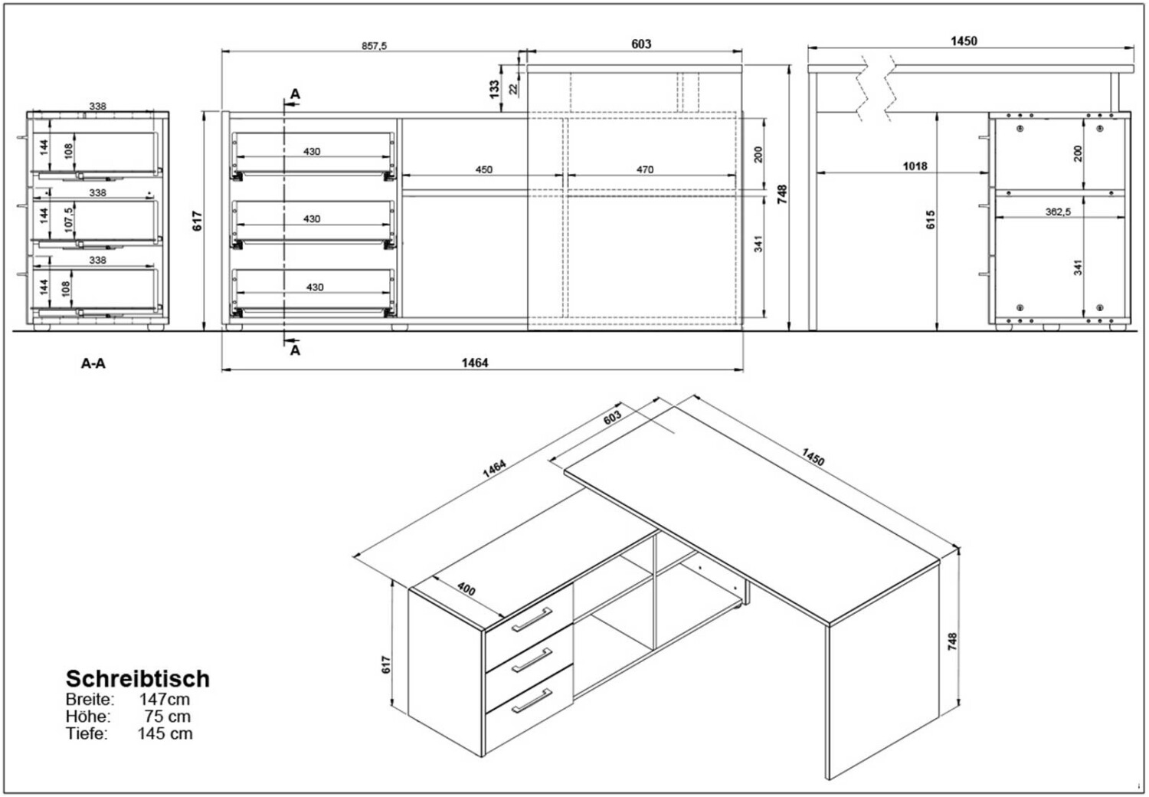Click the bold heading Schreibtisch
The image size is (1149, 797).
tap(137, 678)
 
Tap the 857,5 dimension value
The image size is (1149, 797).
tap(375, 46)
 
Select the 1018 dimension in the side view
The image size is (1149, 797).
tap(915, 166)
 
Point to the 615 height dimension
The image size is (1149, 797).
tap(931, 220)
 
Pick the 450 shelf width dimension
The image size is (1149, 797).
tap(483, 169)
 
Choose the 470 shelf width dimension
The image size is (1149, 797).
tap(645, 169)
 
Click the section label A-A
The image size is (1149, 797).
tap(93, 363)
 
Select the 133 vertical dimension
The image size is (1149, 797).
tap(494, 87)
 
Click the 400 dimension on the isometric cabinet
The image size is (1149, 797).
tap(466, 589)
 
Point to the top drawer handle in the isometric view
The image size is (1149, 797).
tap(532, 620)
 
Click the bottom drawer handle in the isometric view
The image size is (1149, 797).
tap(532, 699)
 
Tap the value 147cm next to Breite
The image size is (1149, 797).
tap(164, 699)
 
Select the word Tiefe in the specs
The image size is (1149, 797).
tap(87, 733)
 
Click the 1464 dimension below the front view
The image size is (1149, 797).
tap(474, 362)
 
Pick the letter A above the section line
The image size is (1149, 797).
tap(295, 94)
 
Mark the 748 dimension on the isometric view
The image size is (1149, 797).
tap(952, 641)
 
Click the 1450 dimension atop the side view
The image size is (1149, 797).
tap(964, 41)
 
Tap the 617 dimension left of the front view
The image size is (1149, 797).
tap(197, 221)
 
